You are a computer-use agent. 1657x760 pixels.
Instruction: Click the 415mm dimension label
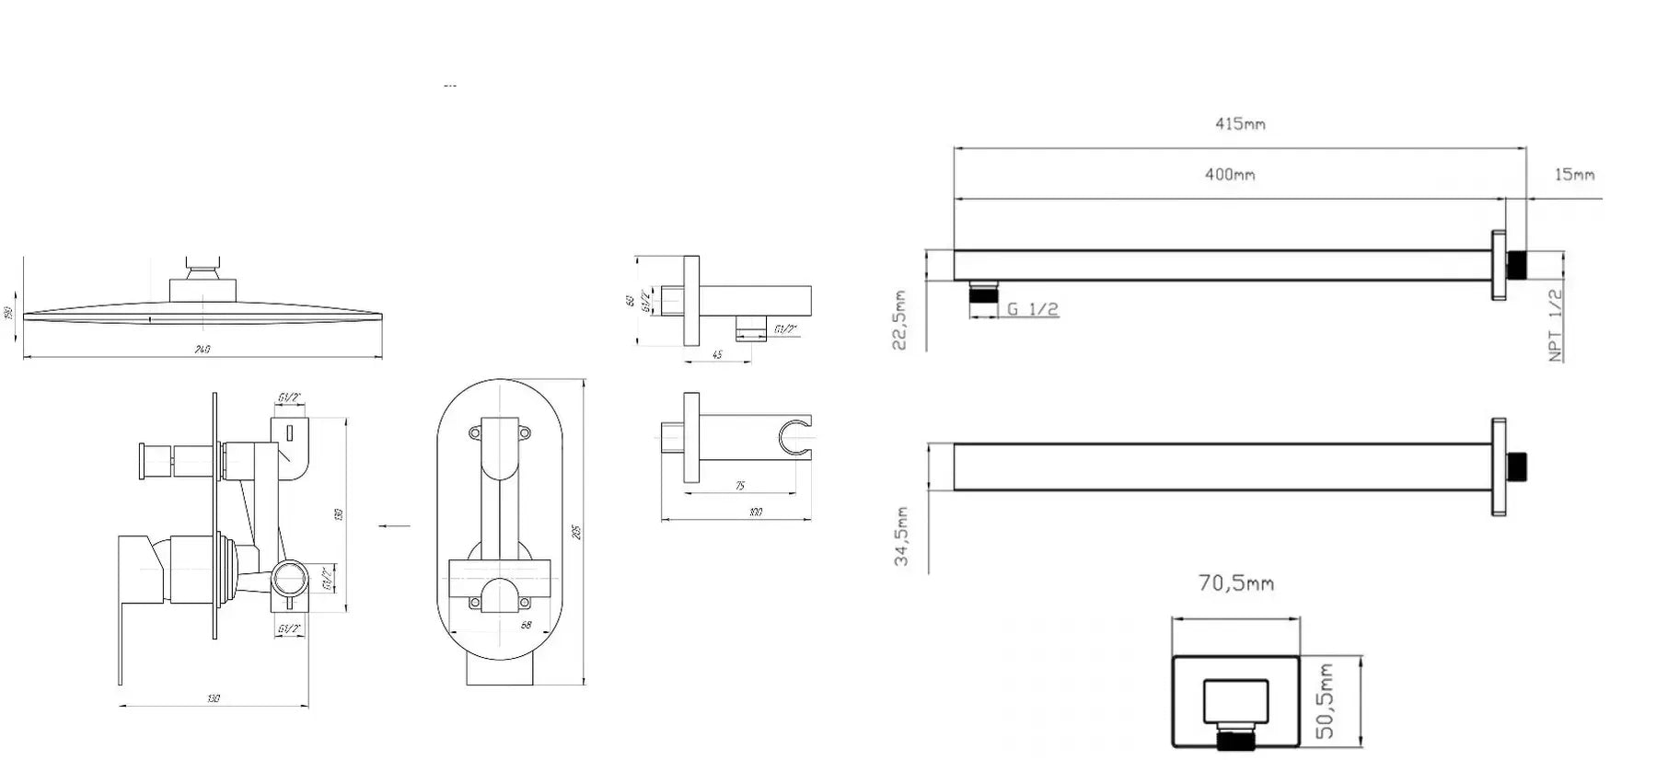tap(1239, 123)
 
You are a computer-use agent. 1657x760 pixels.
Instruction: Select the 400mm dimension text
tap(1230, 174)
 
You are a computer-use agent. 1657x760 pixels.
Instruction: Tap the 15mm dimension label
tap(1574, 174)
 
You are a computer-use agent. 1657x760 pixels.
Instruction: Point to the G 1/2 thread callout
tap(1032, 309)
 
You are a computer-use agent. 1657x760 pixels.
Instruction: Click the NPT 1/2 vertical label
tap(1555, 325)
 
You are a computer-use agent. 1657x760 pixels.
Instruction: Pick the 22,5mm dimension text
tap(900, 319)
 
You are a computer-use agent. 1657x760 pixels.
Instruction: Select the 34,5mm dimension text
tap(902, 535)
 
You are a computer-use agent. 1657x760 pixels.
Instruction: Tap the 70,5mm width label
tap(1235, 583)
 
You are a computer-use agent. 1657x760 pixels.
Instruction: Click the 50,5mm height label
tap(1326, 701)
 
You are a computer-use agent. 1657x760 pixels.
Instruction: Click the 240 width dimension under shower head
tap(203, 350)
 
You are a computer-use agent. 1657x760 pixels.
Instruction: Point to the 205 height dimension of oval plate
tap(577, 532)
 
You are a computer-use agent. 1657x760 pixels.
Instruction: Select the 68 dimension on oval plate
tap(526, 626)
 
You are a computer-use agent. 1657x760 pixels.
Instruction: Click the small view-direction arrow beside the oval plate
tap(395, 526)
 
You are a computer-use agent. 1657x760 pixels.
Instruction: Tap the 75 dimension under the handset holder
tap(739, 486)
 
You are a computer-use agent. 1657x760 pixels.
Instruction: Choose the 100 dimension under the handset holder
tap(755, 512)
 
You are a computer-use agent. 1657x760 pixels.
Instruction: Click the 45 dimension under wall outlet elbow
tap(717, 355)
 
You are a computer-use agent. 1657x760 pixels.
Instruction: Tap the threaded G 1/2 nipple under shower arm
tap(984, 294)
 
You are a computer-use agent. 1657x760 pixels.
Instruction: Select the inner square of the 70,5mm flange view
tap(1235, 703)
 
